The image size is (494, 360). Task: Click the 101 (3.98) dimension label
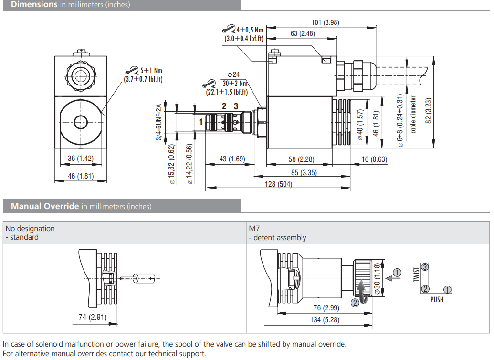click(325, 22)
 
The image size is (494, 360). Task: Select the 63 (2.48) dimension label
click(303, 33)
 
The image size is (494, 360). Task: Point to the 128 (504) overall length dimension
click(278, 184)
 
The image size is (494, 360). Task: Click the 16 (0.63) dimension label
click(374, 159)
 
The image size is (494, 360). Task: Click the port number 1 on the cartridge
click(201, 122)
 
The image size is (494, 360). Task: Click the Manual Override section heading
click(45, 206)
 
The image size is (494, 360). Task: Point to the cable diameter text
click(414, 115)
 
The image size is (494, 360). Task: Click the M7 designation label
click(253, 229)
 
